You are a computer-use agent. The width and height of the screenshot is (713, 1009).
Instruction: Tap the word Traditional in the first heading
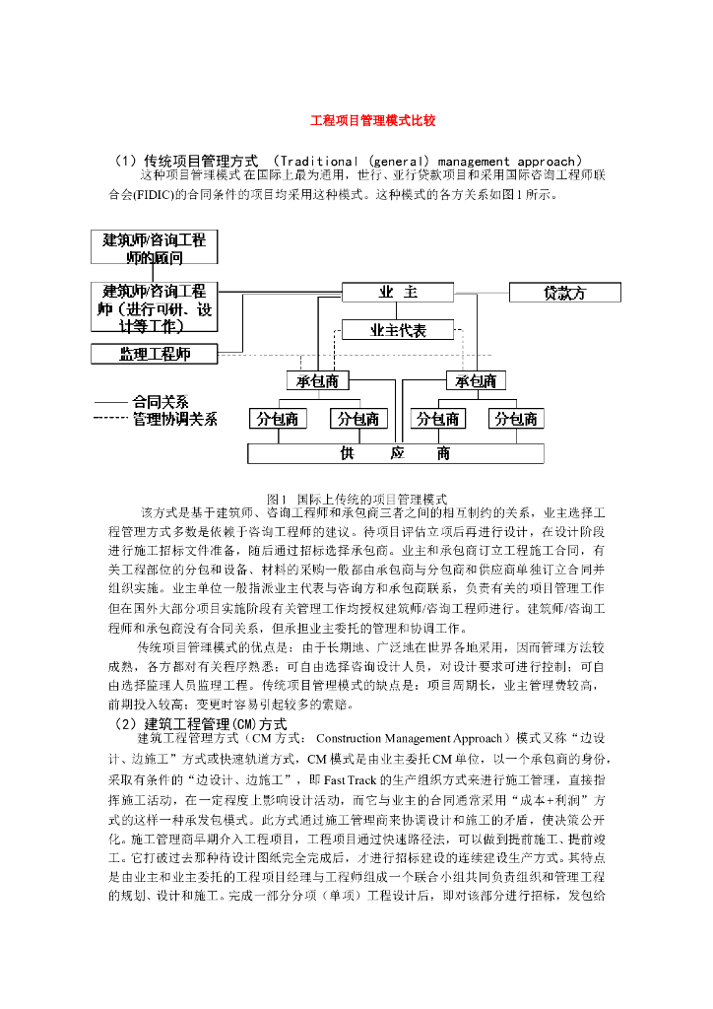tap(316, 161)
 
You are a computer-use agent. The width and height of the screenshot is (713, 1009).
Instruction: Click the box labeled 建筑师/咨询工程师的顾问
tap(155, 247)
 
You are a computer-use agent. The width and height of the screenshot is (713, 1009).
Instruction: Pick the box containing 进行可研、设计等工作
tap(155, 307)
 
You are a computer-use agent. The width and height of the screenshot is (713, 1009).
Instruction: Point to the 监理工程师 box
tap(155, 353)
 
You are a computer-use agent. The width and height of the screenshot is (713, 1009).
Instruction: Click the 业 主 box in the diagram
tap(399, 293)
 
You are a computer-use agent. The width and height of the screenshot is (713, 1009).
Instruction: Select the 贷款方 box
tap(564, 293)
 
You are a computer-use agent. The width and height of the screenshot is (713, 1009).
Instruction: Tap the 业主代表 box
tap(398, 330)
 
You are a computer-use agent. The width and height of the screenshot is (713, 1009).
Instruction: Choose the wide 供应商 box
tap(395, 453)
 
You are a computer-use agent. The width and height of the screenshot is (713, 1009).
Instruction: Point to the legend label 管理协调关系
tap(175, 419)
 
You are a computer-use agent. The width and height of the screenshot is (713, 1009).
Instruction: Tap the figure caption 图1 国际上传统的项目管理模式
tap(357, 499)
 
